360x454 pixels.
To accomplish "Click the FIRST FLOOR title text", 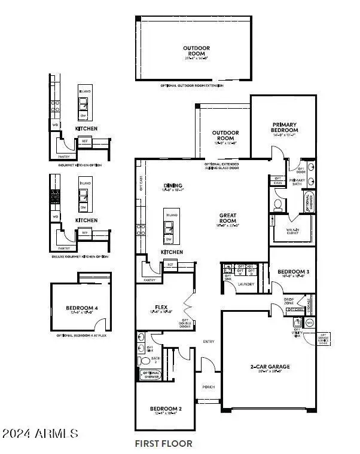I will (164, 444).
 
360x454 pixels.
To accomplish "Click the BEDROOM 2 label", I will (164, 409).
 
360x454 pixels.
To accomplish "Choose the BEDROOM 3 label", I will (293, 272).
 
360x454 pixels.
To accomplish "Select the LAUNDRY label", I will (246, 284).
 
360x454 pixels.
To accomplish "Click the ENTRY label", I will (209, 342).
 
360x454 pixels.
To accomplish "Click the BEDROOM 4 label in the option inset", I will (81, 308).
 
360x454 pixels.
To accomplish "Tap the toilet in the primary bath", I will (278, 205).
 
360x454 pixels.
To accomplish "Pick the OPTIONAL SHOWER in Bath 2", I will (150, 375).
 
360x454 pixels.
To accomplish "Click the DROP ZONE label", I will (289, 301).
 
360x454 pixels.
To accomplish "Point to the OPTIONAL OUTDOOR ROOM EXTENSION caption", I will (191, 86).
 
